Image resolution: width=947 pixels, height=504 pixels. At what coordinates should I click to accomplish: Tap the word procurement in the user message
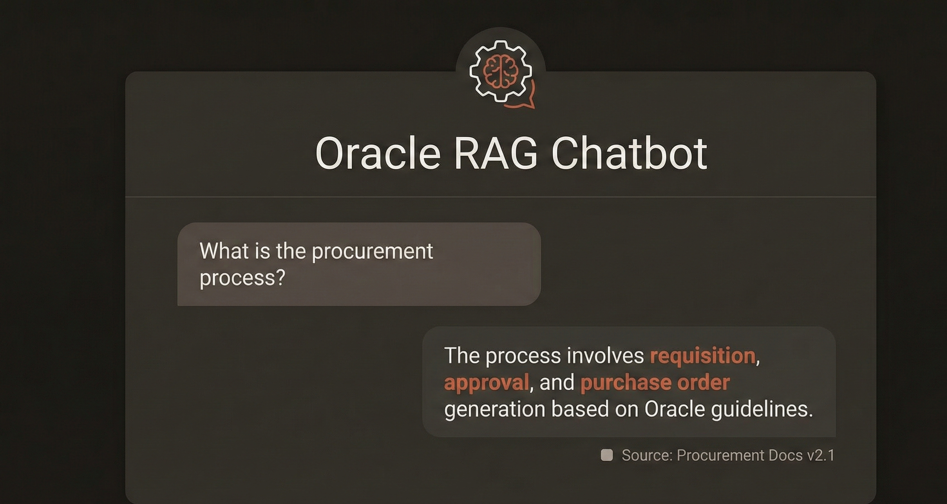(372, 252)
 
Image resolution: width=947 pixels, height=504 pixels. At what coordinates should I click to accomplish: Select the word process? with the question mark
(242, 278)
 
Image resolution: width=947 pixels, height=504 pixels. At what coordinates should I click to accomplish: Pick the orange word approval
(486, 383)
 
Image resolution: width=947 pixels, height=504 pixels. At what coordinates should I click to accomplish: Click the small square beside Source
(607, 455)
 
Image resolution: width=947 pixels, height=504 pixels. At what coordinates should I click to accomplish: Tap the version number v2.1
(821, 455)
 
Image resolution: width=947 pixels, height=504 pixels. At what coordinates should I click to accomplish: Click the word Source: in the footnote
(647, 455)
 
